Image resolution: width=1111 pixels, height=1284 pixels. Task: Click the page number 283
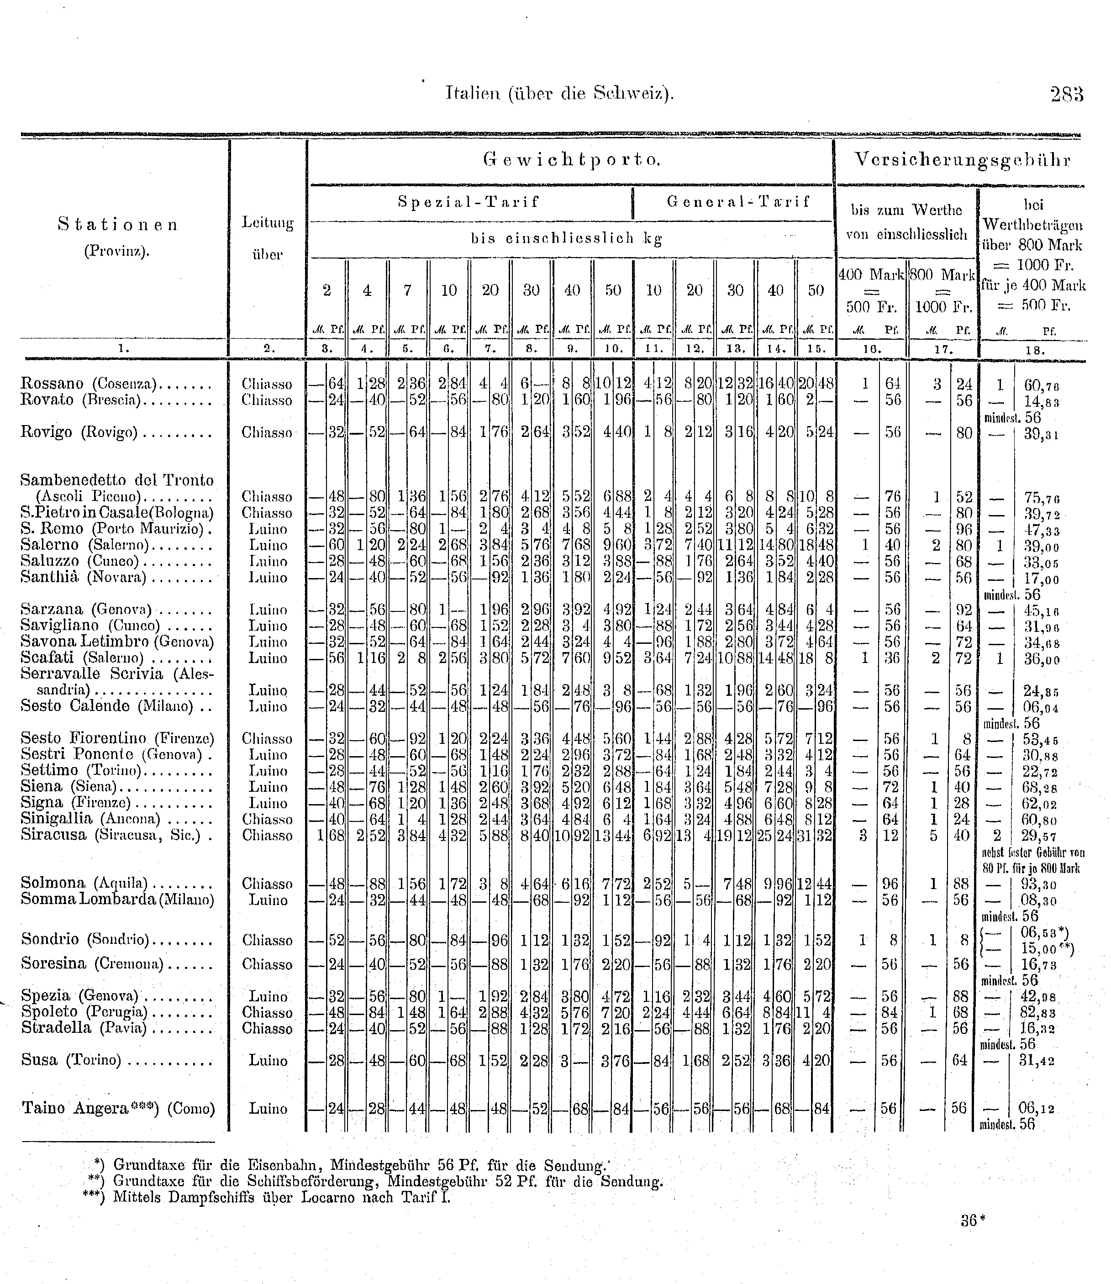(1066, 94)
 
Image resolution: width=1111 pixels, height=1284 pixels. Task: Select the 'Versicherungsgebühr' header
(962, 160)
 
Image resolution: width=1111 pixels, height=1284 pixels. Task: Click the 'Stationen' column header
(118, 225)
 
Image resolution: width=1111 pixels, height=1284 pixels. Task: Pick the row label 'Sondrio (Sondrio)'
(85, 939)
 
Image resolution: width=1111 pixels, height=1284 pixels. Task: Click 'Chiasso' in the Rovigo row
(267, 433)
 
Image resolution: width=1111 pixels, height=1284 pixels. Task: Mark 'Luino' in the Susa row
(268, 1060)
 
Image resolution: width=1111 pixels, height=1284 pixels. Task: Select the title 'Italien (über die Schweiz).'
(559, 94)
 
